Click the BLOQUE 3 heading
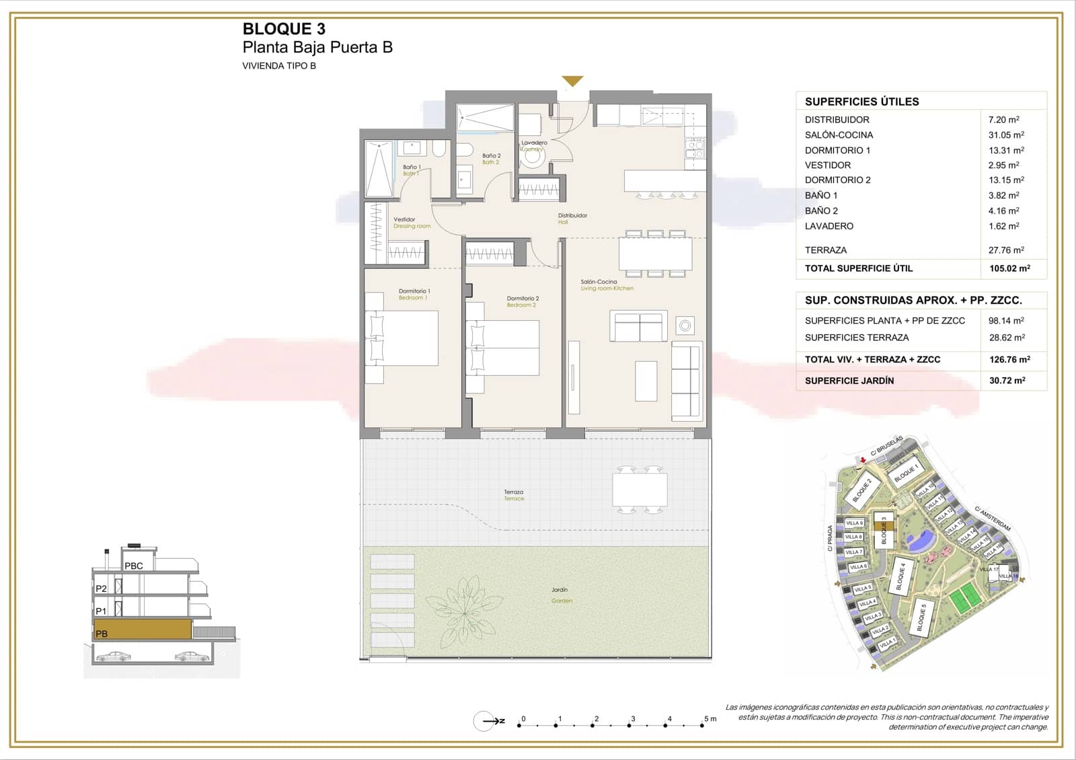283,29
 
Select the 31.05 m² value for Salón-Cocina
1005,135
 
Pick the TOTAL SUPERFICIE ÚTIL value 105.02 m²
1009,268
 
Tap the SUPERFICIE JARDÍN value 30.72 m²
1007,381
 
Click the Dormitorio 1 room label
414,294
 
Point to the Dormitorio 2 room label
523,301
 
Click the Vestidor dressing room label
406,222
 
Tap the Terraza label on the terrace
514,494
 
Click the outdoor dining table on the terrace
640,490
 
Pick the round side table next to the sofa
685,326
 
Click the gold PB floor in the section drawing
143,630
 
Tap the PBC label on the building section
134,566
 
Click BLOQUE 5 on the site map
922,617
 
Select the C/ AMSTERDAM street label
995,519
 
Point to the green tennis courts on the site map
965,595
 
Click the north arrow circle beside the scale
484,722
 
